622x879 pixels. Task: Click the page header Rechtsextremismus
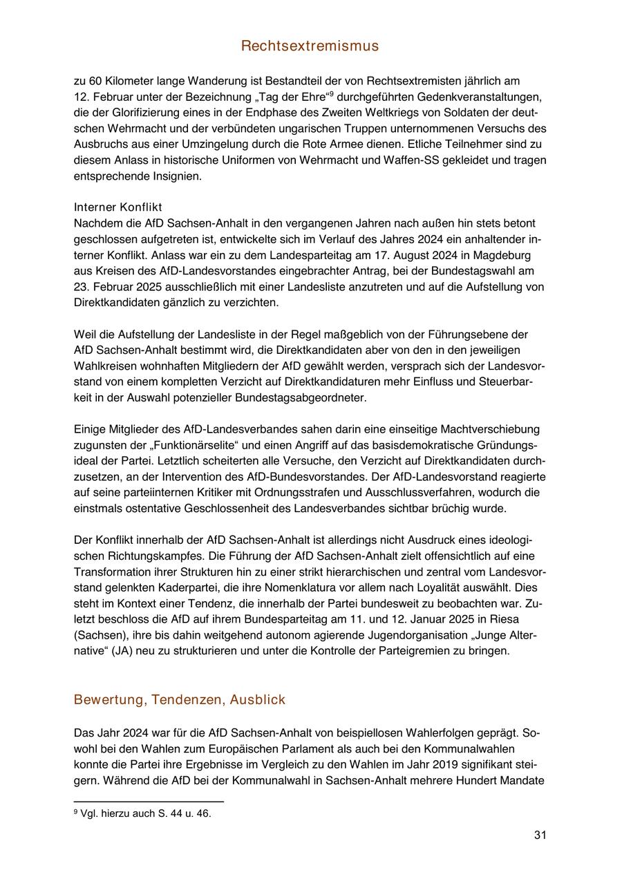[310, 46]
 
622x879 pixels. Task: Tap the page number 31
[540, 835]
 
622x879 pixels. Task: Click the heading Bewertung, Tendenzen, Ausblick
[179, 700]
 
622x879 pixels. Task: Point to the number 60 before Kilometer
[95, 81]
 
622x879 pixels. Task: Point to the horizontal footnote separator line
[149, 802]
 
